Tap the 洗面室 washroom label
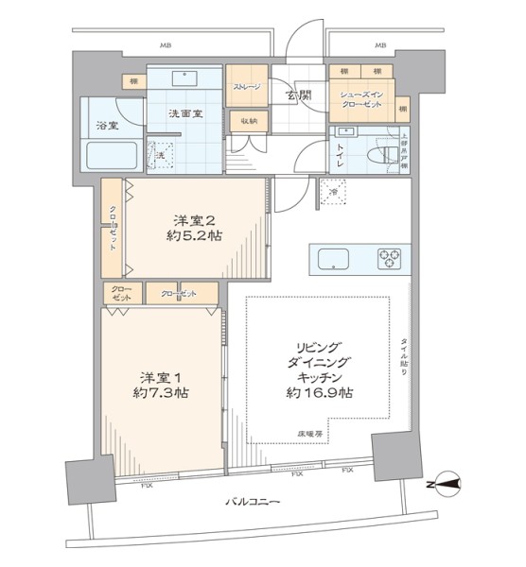pyautogui.click(x=184, y=113)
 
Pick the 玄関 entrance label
pyautogui.click(x=301, y=94)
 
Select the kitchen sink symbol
pyautogui.click(x=336, y=258)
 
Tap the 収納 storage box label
pyautogui.click(x=248, y=120)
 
